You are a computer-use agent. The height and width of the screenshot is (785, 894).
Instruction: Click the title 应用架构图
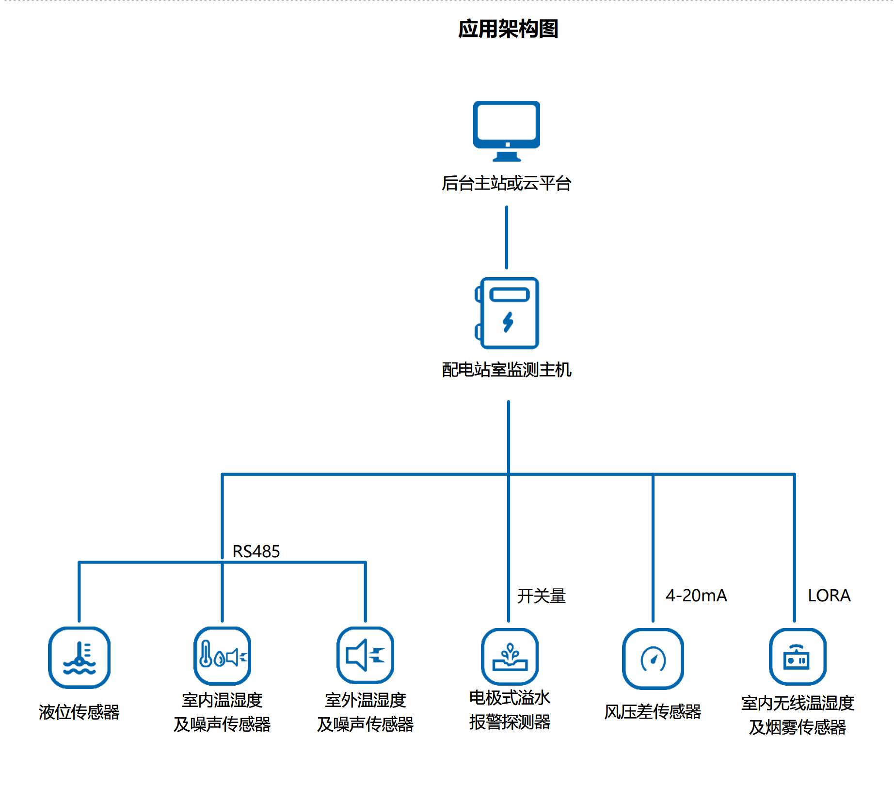tap(508, 29)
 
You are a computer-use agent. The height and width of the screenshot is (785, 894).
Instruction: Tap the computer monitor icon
tap(507, 130)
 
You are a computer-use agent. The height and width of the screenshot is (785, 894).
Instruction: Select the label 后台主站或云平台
tap(507, 183)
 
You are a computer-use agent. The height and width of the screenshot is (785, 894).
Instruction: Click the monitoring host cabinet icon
tap(507, 313)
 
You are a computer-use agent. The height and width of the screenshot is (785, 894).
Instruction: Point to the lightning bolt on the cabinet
tap(508, 322)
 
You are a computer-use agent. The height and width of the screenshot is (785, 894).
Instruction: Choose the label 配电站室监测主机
tap(507, 370)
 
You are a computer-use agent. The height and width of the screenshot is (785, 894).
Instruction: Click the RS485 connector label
tap(256, 551)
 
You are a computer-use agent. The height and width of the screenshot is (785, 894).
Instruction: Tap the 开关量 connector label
tap(542, 596)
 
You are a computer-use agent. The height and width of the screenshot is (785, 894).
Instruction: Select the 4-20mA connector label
tap(696, 596)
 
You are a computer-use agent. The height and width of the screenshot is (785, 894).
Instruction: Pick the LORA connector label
tap(829, 596)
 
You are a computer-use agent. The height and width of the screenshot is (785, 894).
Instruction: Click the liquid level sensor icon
tap(79, 658)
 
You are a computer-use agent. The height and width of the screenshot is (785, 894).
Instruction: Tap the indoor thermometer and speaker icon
tap(222, 656)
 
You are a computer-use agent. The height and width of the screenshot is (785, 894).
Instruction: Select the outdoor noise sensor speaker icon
tap(366, 655)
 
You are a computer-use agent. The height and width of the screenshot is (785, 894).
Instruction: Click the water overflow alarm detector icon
tap(510, 657)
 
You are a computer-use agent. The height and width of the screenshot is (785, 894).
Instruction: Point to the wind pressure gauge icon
tap(653, 659)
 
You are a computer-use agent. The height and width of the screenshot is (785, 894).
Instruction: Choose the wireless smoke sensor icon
tap(798, 657)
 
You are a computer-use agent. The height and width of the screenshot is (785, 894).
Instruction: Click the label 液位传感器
tap(79, 712)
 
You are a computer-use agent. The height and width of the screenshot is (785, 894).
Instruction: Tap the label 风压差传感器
tap(653, 711)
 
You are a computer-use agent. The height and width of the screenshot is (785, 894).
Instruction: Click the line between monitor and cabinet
tap(507, 237)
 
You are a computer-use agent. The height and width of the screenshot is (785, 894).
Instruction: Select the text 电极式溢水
tap(510, 698)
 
